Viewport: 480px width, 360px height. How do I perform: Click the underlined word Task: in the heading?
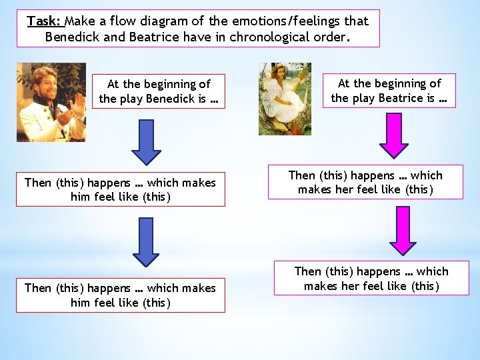pos(44,21)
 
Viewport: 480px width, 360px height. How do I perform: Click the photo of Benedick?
pos(51,102)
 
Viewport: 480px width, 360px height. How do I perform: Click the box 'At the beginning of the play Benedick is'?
pos(159,91)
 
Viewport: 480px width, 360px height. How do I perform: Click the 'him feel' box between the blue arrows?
pos(120,189)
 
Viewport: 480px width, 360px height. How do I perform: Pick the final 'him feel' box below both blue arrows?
pos(120,295)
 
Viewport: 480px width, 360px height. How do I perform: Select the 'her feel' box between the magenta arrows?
pos(365,182)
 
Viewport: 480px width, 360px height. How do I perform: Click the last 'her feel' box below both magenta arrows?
pos(371,279)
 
